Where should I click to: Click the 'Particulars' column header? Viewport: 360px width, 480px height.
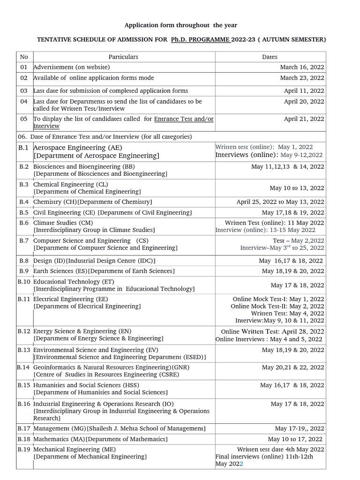pyautogui.click(x=123, y=57)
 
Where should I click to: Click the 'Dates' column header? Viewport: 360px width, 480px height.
pyautogui.click(x=270, y=57)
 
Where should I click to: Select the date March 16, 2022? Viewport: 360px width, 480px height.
pyautogui.click(x=302, y=67)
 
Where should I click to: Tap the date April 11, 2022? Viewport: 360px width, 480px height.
pyautogui.click(x=304, y=90)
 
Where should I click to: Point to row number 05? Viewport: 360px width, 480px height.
pyautogui.click(x=24, y=119)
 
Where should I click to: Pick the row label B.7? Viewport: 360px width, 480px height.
pyautogui.click(x=24, y=240)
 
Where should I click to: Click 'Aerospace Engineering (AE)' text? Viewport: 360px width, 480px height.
pyautogui.click(x=75, y=147)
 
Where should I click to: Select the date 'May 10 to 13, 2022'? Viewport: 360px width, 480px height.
pyautogui.click(x=297, y=188)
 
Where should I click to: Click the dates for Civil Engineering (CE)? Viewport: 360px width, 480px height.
pyautogui.click(x=293, y=212)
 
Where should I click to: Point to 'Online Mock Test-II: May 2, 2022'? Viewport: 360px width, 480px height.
pyautogui.click(x=277, y=306)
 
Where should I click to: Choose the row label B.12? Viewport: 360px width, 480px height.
pyautogui.click(x=24, y=331)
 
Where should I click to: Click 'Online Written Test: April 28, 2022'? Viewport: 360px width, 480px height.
pyautogui.click(x=272, y=331)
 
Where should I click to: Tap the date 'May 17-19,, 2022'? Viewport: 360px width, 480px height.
pyautogui.click(x=299, y=428)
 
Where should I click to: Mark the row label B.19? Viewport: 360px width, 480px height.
pyautogui.click(x=24, y=449)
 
